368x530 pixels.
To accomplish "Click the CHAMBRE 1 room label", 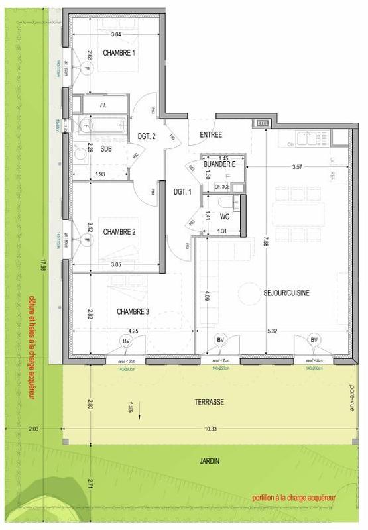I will (119, 52).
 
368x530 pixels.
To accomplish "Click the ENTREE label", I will (210, 135).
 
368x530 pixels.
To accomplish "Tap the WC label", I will (224, 217).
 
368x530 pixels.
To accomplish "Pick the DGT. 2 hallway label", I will (147, 136).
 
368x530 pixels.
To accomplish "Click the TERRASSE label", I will (209, 402).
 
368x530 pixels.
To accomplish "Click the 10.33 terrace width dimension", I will (211, 430).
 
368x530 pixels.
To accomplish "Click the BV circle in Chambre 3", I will (125, 340).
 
